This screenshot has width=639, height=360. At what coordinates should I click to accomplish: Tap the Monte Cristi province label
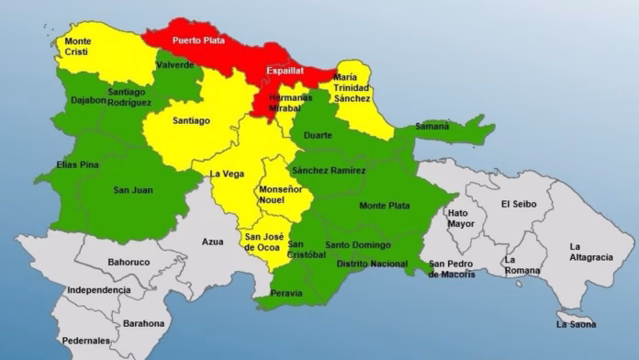click(x=77, y=48)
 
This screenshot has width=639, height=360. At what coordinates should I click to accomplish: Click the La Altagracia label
click(x=590, y=252)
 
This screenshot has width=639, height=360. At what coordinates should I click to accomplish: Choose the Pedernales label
click(x=85, y=341)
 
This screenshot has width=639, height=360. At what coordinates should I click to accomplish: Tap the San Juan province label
click(x=133, y=190)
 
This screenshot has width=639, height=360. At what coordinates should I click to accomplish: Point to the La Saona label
click(x=576, y=324)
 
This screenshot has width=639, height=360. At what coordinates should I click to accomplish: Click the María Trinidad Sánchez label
click(x=353, y=87)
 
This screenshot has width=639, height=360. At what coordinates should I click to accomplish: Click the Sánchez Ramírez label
click(x=328, y=171)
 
